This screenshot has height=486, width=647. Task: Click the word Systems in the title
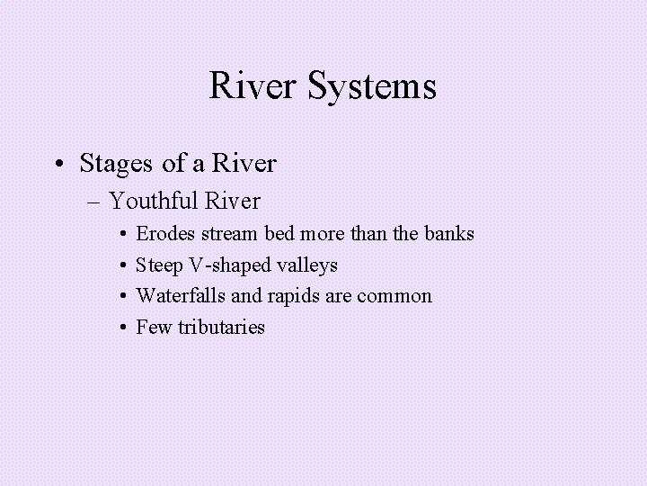[x=373, y=87]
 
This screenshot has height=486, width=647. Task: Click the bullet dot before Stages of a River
[x=58, y=165]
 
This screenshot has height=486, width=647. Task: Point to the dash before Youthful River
[x=97, y=201]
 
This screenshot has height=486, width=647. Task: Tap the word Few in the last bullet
[x=154, y=327]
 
